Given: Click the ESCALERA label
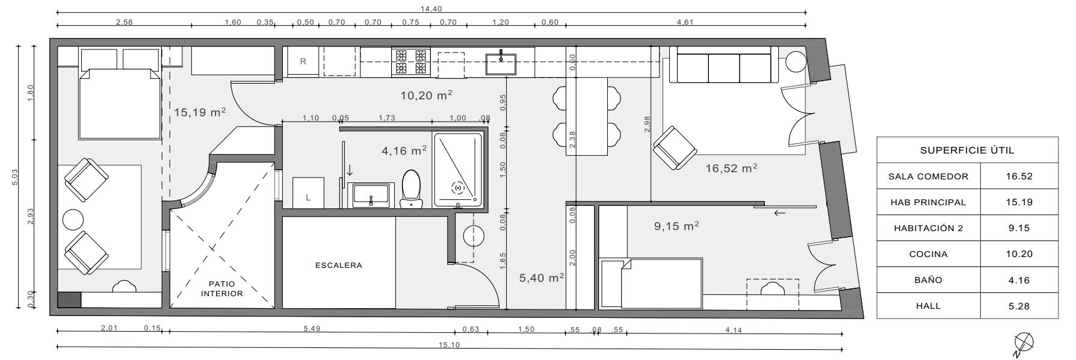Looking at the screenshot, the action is (x=339, y=265).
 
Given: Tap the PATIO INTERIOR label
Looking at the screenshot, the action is (x=222, y=289).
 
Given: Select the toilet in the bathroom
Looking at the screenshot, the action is (x=412, y=188).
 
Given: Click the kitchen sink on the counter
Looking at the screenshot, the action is (x=501, y=63).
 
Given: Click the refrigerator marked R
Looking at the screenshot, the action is (x=303, y=61).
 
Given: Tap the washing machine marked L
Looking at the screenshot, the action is (x=308, y=193).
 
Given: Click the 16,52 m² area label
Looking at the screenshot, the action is (x=731, y=169).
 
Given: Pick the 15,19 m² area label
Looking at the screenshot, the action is (x=200, y=112).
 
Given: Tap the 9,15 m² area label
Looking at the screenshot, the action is (x=676, y=226).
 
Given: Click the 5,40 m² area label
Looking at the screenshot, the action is (x=542, y=278).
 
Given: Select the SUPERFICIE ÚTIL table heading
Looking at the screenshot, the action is (x=967, y=151).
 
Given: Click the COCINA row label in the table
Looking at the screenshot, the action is (x=929, y=254).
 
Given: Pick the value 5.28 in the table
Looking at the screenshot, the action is (x=1019, y=306).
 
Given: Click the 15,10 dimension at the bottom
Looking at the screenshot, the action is (x=449, y=345).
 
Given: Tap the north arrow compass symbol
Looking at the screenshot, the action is (x=1023, y=344).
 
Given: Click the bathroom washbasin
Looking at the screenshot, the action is (x=371, y=196).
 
